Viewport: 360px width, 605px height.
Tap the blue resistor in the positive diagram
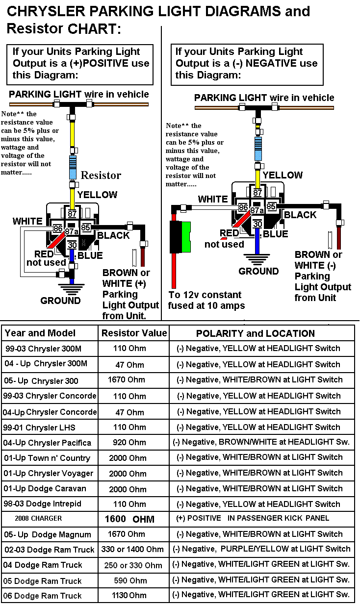pos(73,167)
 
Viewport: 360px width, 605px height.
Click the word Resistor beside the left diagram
pos(101,175)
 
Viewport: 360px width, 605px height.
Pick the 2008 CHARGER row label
pos(38,518)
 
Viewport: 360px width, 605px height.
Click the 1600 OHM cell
pos(129,519)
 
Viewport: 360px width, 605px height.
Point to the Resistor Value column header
pos(134,333)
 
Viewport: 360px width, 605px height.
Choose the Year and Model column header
pos(40,333)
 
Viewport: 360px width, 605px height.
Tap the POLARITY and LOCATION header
pos(255,333)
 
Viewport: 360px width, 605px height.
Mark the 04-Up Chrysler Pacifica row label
pos(47,443)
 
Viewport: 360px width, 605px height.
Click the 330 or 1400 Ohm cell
pos(132,549)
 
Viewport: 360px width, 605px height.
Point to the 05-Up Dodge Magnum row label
pos(48,534)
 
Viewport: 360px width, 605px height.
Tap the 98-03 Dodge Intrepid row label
pos(42,504)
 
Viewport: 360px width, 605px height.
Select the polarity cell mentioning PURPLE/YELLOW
pos(262,549)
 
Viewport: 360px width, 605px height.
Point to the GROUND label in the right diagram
pos(258,271)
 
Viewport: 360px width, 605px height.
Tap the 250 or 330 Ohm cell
pos(133,565)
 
